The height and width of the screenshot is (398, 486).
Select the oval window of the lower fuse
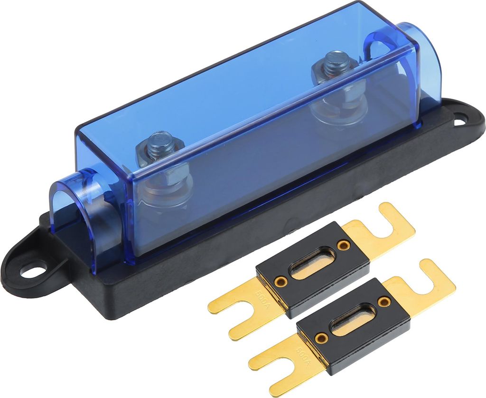[x=354, y=321]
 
